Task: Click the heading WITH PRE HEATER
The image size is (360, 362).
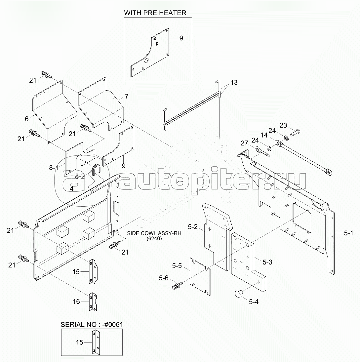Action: coord(155,13)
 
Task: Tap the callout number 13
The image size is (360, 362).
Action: coord(234,82)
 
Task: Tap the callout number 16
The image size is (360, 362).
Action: coord(76,302)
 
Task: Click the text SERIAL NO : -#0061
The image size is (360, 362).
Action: coord(92,324)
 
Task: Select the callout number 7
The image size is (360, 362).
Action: coord(126,97)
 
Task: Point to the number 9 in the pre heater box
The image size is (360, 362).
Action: coord(181,38)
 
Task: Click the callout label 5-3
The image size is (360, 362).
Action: coord(267,262)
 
